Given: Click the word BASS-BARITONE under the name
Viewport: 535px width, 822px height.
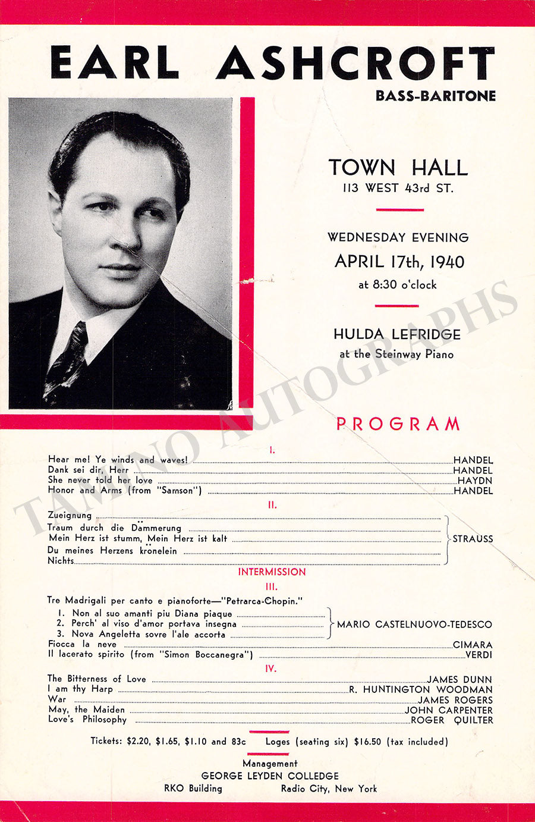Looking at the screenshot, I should coord(435,95).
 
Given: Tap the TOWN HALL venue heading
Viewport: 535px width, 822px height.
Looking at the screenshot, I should coord(398,168).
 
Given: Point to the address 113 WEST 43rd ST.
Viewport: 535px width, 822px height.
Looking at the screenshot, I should coord(397,189).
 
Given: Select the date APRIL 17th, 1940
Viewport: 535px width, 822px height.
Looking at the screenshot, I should coord(399,262).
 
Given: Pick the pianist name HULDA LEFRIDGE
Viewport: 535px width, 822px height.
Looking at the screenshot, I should coord(397,334).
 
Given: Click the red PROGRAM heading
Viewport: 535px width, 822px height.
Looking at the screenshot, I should coord(398,424).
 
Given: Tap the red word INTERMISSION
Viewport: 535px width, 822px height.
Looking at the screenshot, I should coord(272,572).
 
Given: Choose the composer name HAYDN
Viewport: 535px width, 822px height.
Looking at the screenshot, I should coord(475,481).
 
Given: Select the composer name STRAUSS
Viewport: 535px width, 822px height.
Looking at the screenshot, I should coord(473,539).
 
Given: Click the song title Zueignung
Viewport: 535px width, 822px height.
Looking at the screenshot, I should coord(70,515).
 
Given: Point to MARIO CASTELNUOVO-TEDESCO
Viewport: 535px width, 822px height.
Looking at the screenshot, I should coord(414,625).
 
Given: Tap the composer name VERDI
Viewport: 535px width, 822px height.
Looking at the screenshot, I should coord(479,655).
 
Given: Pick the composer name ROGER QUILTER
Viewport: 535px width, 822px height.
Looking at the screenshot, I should coord(452,720).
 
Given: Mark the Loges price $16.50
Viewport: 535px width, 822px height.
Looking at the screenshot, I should coord(367,742).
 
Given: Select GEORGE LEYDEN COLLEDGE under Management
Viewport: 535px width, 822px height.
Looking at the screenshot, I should coord(270,776).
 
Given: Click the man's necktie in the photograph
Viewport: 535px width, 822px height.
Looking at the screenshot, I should coord(67,360).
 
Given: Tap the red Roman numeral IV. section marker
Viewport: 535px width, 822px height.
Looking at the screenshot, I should coord(271,669).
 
